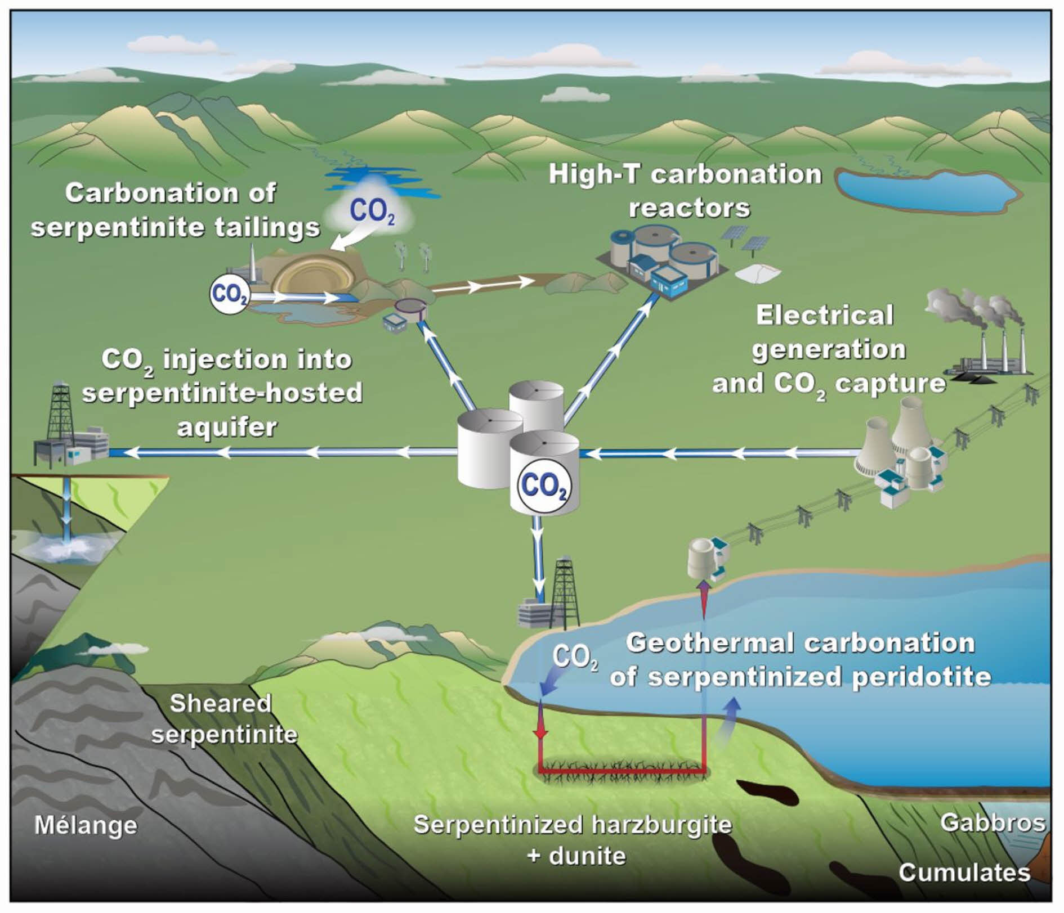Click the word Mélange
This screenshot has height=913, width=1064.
click(x=86, y=825)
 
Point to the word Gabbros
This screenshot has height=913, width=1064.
click(x=993, y=823)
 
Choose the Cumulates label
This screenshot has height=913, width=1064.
click(x=964, y=872)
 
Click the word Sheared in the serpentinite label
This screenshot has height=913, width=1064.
click(x=220, y=703)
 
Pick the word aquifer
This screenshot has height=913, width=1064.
click(x=227, y=428)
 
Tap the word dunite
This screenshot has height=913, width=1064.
click(x=587, y=856)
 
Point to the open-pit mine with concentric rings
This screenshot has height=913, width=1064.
click(x=313, y=276)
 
